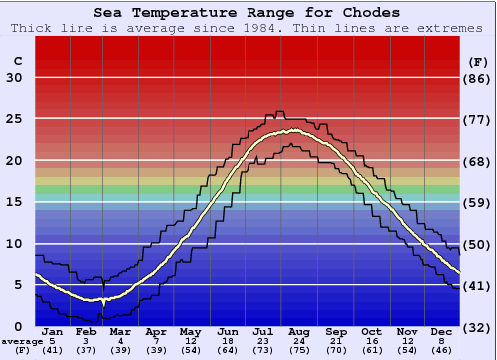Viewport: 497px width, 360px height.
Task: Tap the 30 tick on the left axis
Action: (14, 78)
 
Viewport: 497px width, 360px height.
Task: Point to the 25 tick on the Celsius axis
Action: (14, 119)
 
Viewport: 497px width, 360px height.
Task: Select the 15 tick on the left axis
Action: (14, 202)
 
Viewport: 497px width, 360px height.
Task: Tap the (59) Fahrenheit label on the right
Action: (478, 202)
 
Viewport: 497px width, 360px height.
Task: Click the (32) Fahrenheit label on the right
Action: (478, 326)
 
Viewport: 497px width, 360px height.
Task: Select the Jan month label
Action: (54, 332)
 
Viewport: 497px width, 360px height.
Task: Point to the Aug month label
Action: (297, 332)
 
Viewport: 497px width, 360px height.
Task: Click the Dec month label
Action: (440, 332)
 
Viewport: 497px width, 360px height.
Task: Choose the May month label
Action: (189, 332)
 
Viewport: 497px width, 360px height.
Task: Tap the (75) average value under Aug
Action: (297, 350)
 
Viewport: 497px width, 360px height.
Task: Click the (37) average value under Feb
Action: (86, 350)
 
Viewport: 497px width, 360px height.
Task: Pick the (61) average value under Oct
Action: (372, 350)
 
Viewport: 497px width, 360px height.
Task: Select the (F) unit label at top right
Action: (478, 61)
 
